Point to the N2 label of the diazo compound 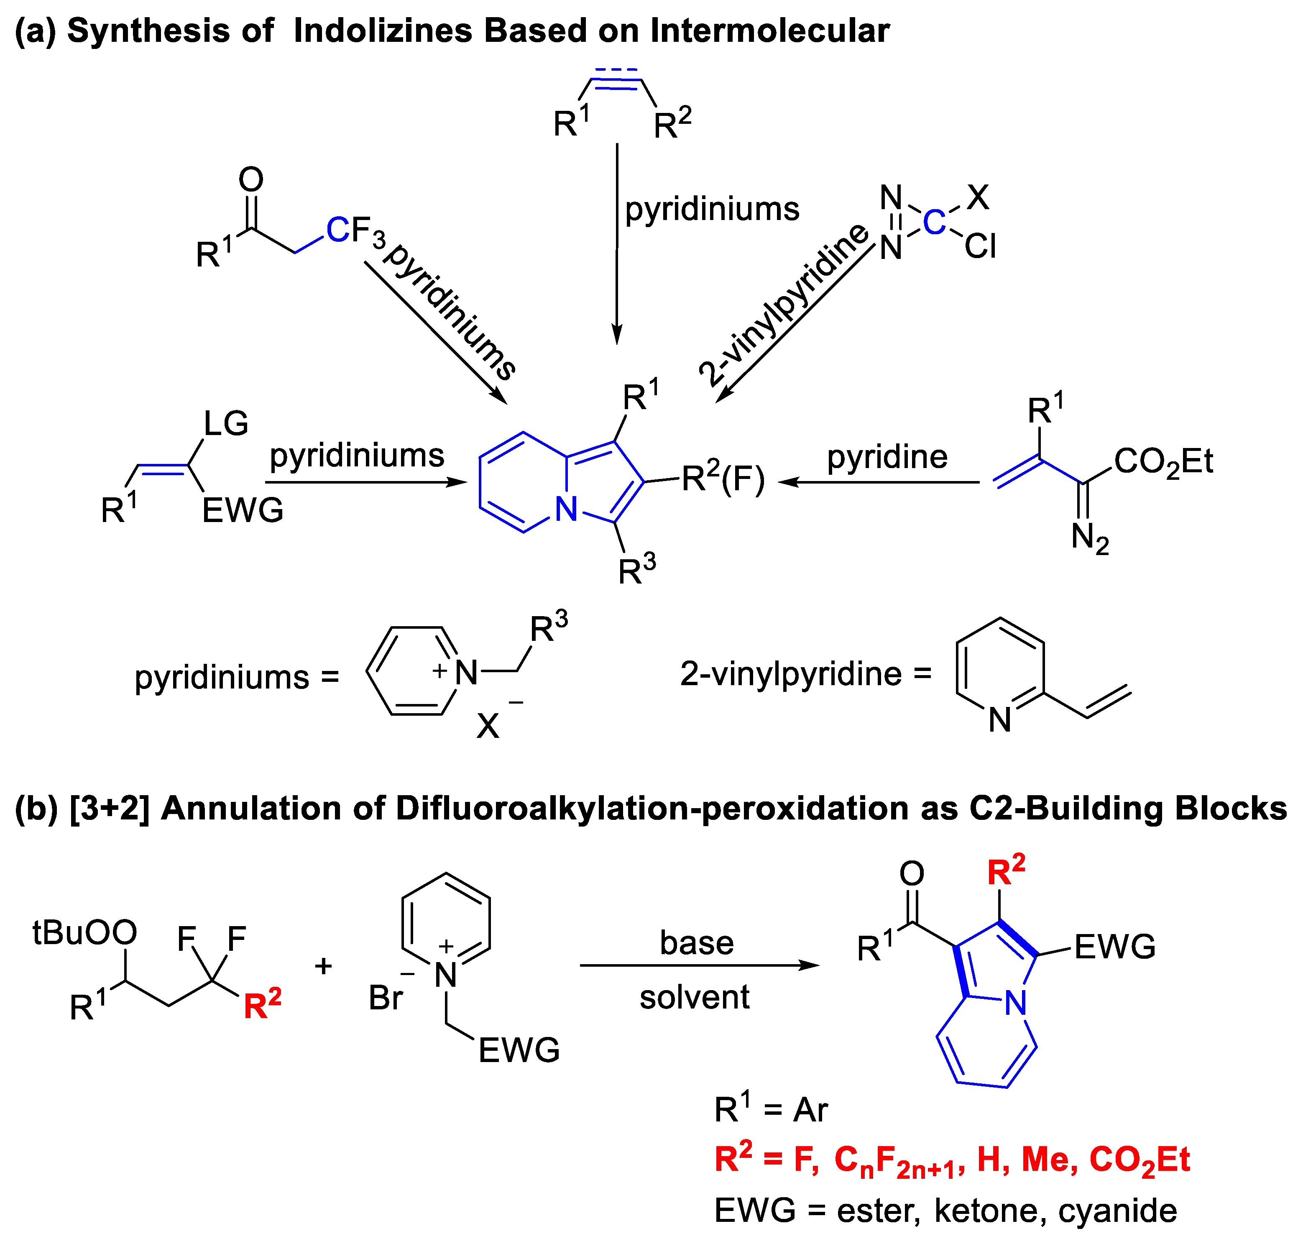(1089, 538)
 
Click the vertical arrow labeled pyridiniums (617, 244)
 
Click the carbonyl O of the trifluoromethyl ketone (251, 179)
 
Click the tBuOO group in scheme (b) (84, 932)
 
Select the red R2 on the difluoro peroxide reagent (262, 1004)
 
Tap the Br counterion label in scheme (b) (386, 997)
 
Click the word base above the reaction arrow (697, 942)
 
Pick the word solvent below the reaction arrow (695, 997)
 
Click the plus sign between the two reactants (323, 966)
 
